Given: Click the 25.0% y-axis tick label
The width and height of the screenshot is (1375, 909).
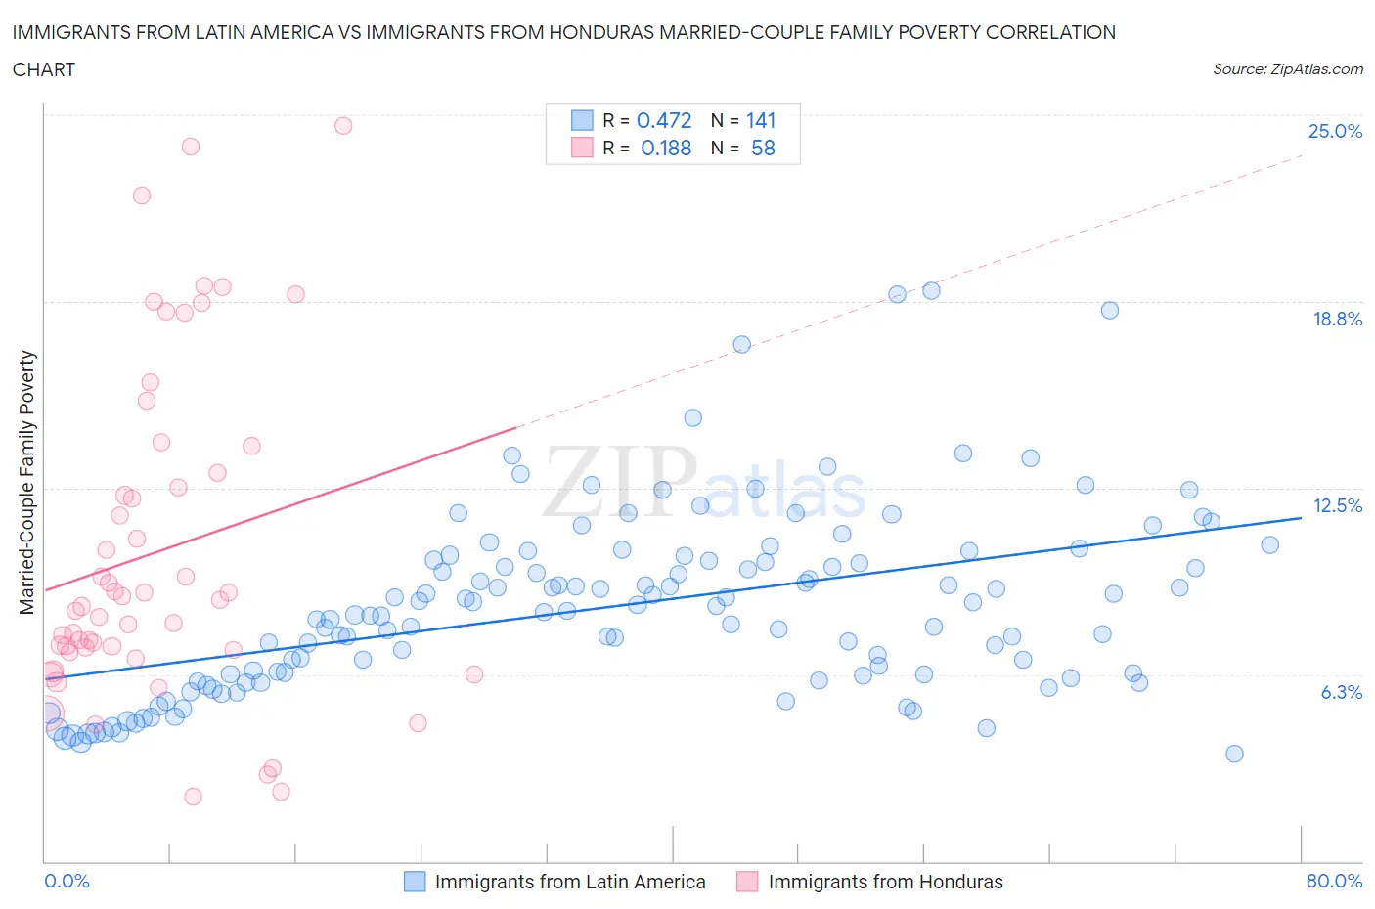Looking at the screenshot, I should click(x=1335, y=132).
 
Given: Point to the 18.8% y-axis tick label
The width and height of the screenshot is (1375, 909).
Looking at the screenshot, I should click(x=1337, y=319).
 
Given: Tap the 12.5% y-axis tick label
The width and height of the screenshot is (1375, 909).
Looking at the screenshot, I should click(x=1337, y=505).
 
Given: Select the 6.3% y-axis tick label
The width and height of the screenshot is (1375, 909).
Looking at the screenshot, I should click(x=1341, y=692).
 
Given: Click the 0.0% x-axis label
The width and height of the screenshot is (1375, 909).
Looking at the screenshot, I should click(x=67, y=881).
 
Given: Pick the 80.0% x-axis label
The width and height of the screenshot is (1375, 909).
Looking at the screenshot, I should click(x=1334, y=881).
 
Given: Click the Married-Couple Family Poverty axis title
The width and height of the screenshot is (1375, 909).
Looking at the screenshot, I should click(x=27, y=483).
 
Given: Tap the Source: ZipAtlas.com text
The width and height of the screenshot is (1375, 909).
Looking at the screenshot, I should click(x=1287, y=69).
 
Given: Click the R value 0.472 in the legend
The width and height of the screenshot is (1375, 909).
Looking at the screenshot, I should click(x=664, y=120).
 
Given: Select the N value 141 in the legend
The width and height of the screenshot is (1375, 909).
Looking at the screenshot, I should click(x=761, y=120).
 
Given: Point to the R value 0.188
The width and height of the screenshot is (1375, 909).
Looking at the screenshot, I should click(x=666, y=148).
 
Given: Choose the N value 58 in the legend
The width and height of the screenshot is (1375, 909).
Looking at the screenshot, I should click(x=763, y=148).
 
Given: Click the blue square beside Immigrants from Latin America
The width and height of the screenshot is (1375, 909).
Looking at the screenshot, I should click(x=415, y=882).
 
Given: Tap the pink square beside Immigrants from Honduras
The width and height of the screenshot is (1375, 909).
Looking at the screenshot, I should click(x=747, y=882).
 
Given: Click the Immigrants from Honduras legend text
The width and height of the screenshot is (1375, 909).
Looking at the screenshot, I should click(x=885, y=882).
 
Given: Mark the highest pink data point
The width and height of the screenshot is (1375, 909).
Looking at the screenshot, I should click(x=343, y=125).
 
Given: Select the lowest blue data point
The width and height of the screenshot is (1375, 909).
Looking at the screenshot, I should click(x=1234, y=754).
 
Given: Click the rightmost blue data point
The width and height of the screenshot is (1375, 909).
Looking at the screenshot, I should click(x=1269, y=545).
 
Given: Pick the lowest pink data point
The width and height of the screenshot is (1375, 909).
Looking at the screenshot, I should click(x=193, y=797).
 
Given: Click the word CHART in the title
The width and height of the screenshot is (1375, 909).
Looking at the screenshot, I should click(x=44, y=69).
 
